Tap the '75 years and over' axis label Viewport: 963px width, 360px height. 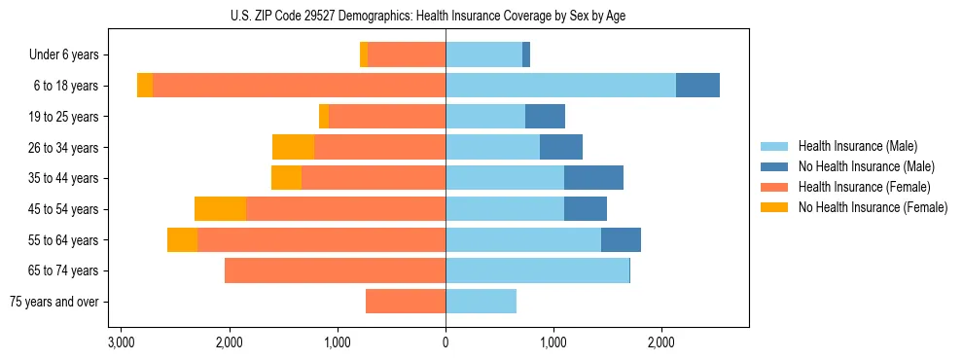54,302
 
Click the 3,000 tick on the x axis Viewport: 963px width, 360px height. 121,342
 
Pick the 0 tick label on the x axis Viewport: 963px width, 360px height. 446,342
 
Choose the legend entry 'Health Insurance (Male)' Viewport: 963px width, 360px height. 857,146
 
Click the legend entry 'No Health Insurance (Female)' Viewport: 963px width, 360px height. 873,207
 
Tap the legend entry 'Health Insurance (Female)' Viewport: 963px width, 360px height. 864,187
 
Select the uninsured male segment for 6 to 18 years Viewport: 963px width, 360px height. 697,86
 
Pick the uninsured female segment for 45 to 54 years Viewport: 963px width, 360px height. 220,209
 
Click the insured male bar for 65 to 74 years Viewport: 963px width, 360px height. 566,270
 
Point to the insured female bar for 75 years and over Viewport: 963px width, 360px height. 406,302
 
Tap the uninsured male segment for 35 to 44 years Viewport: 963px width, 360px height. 593,178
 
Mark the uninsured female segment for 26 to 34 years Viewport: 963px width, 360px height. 293,147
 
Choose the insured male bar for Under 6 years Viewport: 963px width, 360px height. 483,55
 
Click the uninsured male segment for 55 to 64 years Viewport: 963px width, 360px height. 621,239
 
